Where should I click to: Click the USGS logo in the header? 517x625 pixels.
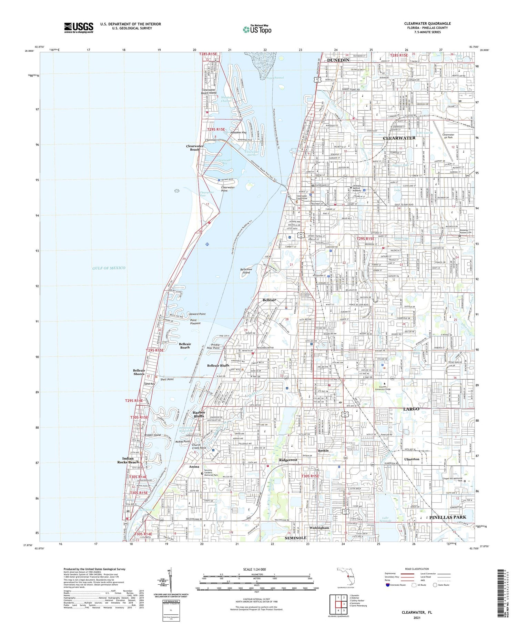point(79,28)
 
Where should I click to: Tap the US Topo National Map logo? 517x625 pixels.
point(257,29)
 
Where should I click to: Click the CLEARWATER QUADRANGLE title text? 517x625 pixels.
point(427,23)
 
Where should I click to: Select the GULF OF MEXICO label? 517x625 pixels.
point(109,268)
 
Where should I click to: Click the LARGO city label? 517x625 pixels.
point(411,409)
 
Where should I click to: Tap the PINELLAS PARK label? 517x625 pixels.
point(447,517)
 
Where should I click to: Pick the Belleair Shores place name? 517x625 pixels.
point(139,372)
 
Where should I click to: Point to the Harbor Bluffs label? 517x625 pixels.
point(199,414)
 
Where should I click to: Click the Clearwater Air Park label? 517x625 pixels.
point(448,136)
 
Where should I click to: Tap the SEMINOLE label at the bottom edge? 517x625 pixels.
point(295,538)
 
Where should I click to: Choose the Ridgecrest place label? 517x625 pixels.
point(288,460)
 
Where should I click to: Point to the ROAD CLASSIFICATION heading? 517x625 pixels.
point(417,569)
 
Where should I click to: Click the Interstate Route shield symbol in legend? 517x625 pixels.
point(388,585)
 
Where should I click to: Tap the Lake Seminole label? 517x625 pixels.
point(385,519)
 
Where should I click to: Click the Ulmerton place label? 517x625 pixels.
point(412,459)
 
